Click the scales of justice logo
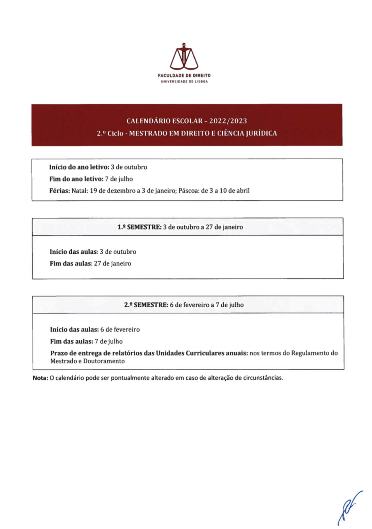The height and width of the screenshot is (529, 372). click(184, 57)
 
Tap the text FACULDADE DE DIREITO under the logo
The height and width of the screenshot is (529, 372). click(184, 75)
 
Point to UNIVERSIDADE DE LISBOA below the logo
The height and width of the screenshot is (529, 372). click(184, 82)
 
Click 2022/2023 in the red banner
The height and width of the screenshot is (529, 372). click(228, 121)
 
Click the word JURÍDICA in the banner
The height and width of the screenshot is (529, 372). click(261, 133)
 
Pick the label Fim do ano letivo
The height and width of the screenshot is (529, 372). click(76, 179)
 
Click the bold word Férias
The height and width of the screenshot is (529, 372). click(60, 191)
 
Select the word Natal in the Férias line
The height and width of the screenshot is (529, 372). click(79, 191)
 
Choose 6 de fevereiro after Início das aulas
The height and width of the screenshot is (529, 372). click(120, 330)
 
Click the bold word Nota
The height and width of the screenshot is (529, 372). click(40, 378)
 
